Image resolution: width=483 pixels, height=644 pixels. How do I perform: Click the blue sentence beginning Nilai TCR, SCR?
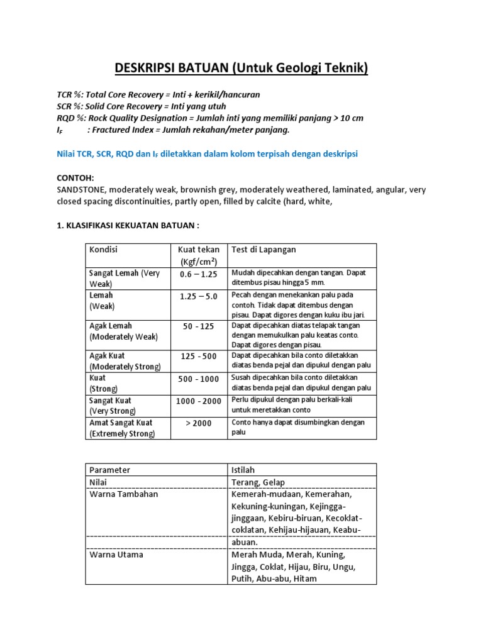click(x=207, y=153)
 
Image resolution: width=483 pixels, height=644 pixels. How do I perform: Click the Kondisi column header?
click(x=104, y=250)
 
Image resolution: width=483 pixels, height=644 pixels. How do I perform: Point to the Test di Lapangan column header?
click(x=264, y=250)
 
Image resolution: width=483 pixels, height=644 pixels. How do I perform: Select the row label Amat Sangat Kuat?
click(x=121, y=423)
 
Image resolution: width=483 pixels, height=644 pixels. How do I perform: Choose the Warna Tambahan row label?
click(x=123, y=494)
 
